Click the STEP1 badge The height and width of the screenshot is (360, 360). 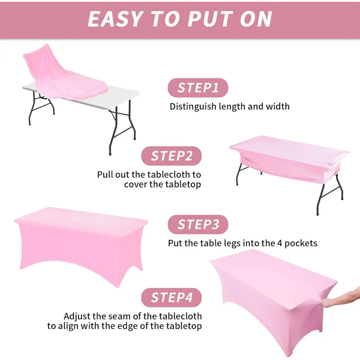tap(198, 88)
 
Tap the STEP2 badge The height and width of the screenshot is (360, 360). tap(171, 156)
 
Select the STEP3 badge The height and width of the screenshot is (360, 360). tap(198, 224)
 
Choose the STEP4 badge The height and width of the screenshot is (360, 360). tap(171, 297)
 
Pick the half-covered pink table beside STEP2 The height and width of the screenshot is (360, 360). tap(288, 157)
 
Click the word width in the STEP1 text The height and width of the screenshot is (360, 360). tap(277, 107)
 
